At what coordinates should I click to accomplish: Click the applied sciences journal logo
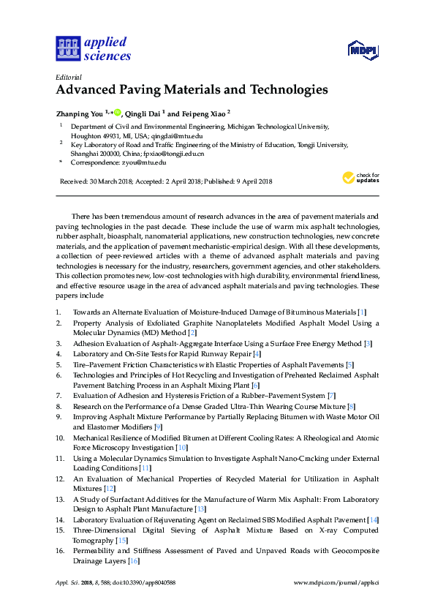point(94,48)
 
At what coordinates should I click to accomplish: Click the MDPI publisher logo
point(362,50)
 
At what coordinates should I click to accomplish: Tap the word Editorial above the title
point(69,77)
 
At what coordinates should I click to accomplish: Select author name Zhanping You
point(80,113)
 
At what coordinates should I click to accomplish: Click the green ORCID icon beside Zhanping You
point(117,113)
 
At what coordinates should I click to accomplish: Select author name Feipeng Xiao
point(202,113)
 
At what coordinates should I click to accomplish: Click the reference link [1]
point(372,312)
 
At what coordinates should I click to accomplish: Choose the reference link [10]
point(182,447)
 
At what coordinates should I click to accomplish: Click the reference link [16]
point(133,561)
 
